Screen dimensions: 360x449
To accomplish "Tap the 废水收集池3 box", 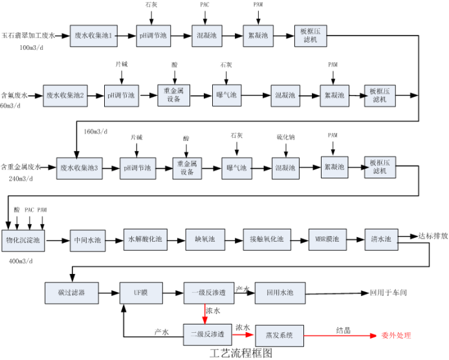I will tap(79, 168).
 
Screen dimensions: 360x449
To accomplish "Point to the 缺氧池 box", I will tap(204, 240).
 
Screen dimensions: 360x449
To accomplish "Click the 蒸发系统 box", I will tap(279, 335).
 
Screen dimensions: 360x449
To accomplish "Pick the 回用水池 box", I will tap(279, 293).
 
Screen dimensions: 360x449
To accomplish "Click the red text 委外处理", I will tap(396, 335).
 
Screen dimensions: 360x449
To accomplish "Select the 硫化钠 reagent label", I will tap(286, 137).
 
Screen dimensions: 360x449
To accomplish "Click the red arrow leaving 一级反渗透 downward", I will tap(205, 313).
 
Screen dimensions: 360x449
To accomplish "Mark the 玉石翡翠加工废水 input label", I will tap(32, 36).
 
